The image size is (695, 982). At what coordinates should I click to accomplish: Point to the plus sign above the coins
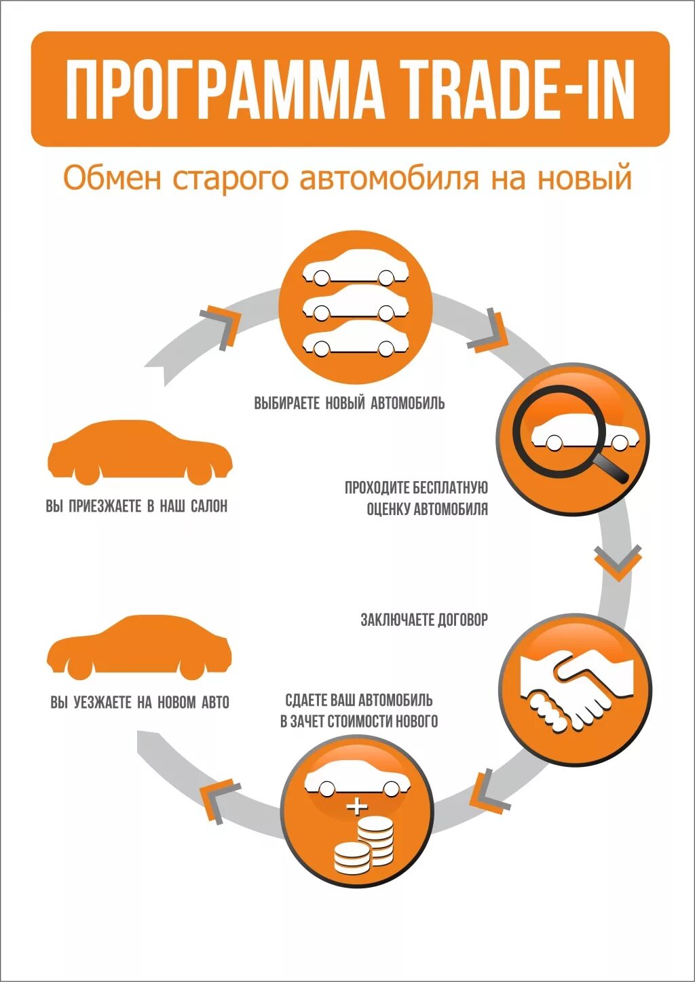pos(356,807)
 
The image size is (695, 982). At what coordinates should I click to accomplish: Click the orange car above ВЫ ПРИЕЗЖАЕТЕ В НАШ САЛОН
pos(139,452)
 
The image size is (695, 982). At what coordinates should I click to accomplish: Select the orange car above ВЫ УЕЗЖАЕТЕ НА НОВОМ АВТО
pos(139,647)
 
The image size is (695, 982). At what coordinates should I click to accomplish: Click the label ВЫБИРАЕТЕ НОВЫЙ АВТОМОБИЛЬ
pos(350,403)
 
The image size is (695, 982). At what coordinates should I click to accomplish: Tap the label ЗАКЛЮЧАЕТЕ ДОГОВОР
pos(424,620)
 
